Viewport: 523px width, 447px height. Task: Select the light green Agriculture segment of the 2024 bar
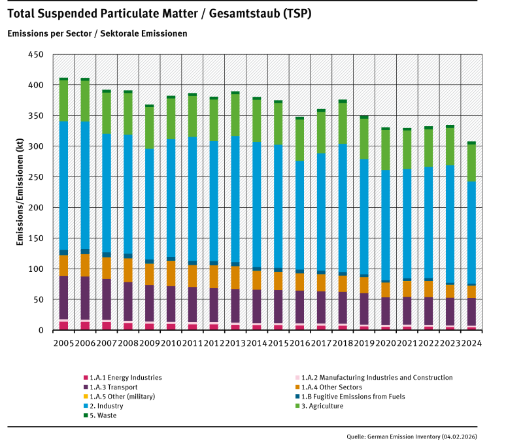click(471, 163)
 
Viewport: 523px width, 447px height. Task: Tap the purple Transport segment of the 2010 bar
click(171, 304)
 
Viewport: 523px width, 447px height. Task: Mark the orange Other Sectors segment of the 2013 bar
click(235, 277)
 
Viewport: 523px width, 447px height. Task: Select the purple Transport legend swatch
click(86, 387)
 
